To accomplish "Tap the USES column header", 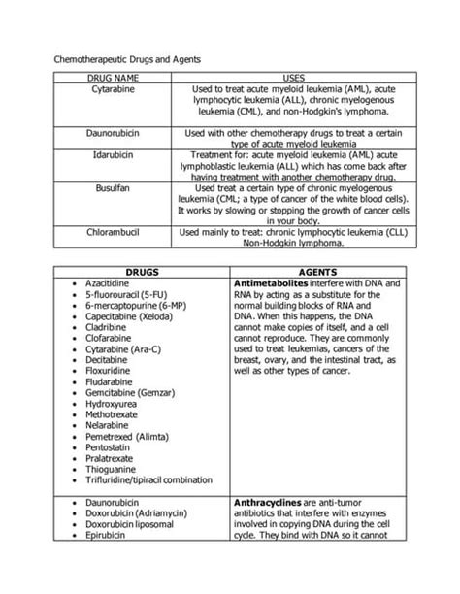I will click(x=293, y=76).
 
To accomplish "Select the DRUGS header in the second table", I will click(x=140, y=273).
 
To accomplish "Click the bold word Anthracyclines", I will click(x=273, y=502).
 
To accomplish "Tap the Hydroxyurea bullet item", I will click(x=111, y=411).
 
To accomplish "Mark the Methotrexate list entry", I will click(x=112, y=424).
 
